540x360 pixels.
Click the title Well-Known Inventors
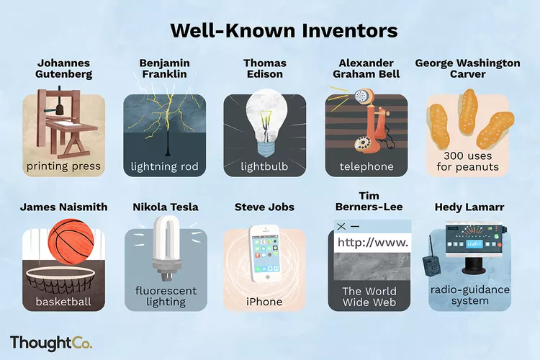(283, 31)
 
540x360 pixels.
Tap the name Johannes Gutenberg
(63, 69)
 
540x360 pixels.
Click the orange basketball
(71, 245)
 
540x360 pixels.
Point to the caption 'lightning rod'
(164, 167)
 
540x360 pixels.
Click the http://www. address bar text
(373, 243)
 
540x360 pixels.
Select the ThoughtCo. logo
(51, 342)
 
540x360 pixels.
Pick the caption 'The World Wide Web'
(369, 297)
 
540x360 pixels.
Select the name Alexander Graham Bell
(368, 69)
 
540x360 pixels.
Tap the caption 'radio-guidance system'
(469, 295)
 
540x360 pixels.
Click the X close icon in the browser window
(341, 227)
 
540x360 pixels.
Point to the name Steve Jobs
(264, 207)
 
